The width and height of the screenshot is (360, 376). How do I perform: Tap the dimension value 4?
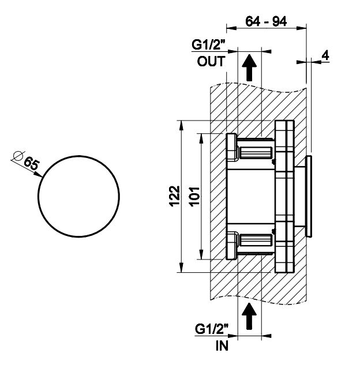click(x=325, y=55)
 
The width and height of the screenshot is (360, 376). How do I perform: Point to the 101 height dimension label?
click(x=194, y=196)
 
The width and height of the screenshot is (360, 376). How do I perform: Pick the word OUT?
click(x=208, y=62)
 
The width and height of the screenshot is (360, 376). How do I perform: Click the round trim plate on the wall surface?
click(x=309, y=196)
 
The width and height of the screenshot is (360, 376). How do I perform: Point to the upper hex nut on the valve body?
click(x=231, y=148)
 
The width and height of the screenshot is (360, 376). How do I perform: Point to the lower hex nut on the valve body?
click(x=231, y=245)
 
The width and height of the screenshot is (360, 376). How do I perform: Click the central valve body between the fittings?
click(x=251, y=196)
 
